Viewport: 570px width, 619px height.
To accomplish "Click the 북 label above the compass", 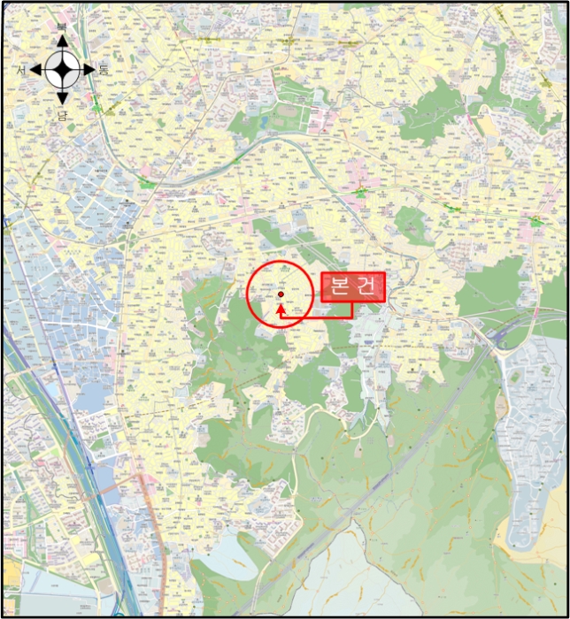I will pos(62,27).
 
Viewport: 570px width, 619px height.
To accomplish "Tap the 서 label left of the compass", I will pos(20,70).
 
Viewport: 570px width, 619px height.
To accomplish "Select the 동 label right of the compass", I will pos(104,70).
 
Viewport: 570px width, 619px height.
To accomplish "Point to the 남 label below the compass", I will pos(63,115).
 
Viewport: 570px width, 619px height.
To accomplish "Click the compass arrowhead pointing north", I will pos(62,41).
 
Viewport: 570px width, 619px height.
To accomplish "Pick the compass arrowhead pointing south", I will pos(62,98).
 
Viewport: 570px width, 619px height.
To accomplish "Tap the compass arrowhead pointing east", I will pos(90,69).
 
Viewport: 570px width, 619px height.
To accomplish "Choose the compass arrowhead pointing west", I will pos(35,69).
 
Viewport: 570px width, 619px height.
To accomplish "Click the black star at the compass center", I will pos(62,69).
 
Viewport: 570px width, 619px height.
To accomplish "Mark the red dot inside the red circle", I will pos(281,294).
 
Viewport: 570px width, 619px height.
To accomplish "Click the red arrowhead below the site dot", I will pos(281,309).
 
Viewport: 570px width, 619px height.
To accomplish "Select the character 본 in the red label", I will pos(341,287).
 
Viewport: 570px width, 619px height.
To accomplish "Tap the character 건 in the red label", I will pos(369,287).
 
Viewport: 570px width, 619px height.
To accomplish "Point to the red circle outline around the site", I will pos(247,294).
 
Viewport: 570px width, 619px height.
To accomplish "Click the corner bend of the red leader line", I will pos(353,316).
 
